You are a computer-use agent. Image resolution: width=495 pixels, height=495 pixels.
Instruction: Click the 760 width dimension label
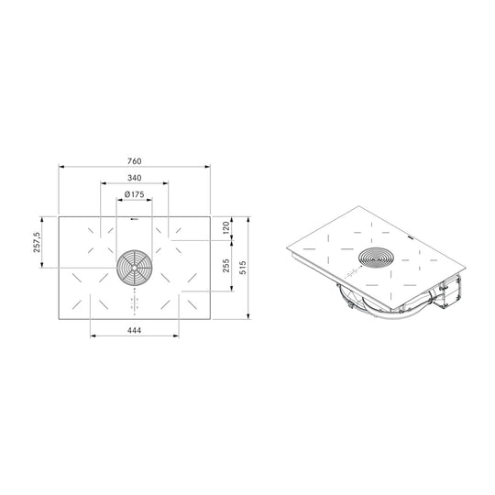(134, 161)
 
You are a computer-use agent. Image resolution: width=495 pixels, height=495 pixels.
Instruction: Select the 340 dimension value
(134, 178)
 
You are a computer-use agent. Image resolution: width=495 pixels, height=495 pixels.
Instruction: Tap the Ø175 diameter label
(134, 194)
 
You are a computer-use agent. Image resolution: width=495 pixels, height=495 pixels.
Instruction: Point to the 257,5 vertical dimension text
(37, 242)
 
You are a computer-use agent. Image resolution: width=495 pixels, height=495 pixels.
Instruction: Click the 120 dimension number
(226, 227)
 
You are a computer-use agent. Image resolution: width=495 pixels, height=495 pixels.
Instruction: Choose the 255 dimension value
(226, 266)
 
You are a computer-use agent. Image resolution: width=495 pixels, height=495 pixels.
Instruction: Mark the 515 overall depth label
(242, 268)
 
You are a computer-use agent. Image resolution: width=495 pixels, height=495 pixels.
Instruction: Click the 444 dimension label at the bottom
(134, 331)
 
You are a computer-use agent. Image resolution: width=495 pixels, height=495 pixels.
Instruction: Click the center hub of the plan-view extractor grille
(135, 268)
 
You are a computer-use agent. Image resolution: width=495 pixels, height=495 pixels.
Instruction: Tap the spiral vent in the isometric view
(376, 258)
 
